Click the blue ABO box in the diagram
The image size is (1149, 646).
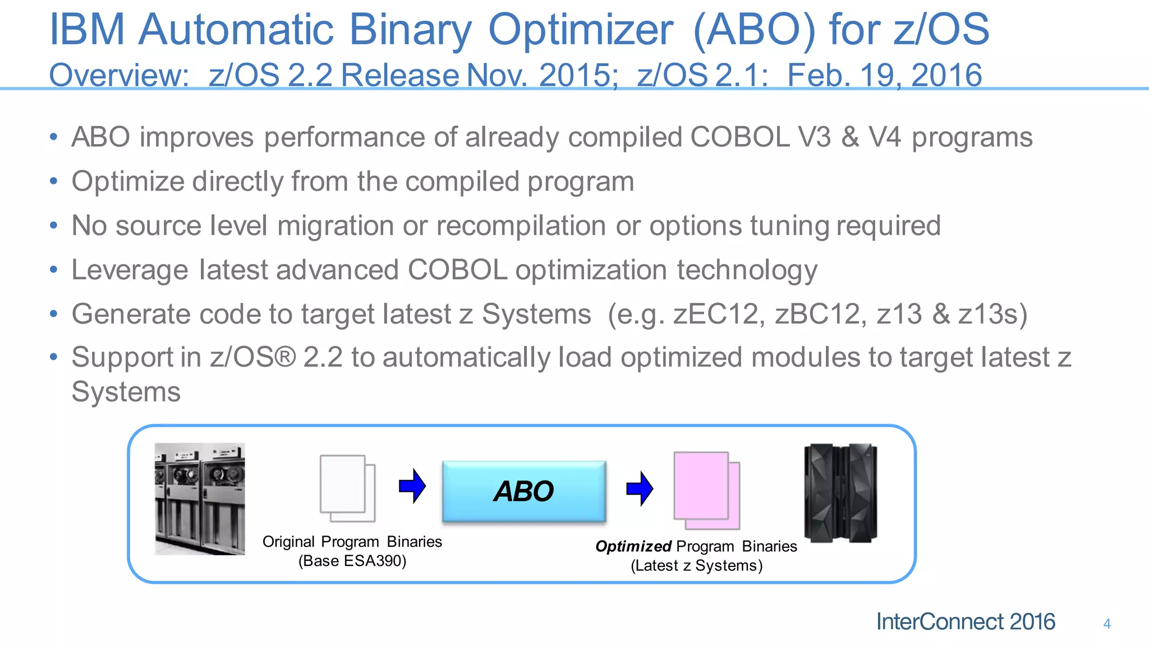pos(523,491)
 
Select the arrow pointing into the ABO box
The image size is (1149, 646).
pos(412,486)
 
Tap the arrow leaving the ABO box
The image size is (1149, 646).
pos(640,488)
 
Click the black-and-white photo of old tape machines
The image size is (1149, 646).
pos(200,499)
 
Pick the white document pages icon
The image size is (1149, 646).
pos(347,488)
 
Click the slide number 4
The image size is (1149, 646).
pos(1106,624)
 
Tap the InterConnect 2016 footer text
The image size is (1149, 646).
pos(965,622)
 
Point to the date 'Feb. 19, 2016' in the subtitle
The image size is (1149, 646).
pos(884,75)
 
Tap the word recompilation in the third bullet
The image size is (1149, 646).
pos(521,226)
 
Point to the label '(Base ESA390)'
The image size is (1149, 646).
pos(352,561)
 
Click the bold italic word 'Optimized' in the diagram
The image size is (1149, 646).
pos(633,546)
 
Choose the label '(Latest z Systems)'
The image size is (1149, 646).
pos(696,565)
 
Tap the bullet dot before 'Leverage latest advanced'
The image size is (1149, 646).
pos(53,270)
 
